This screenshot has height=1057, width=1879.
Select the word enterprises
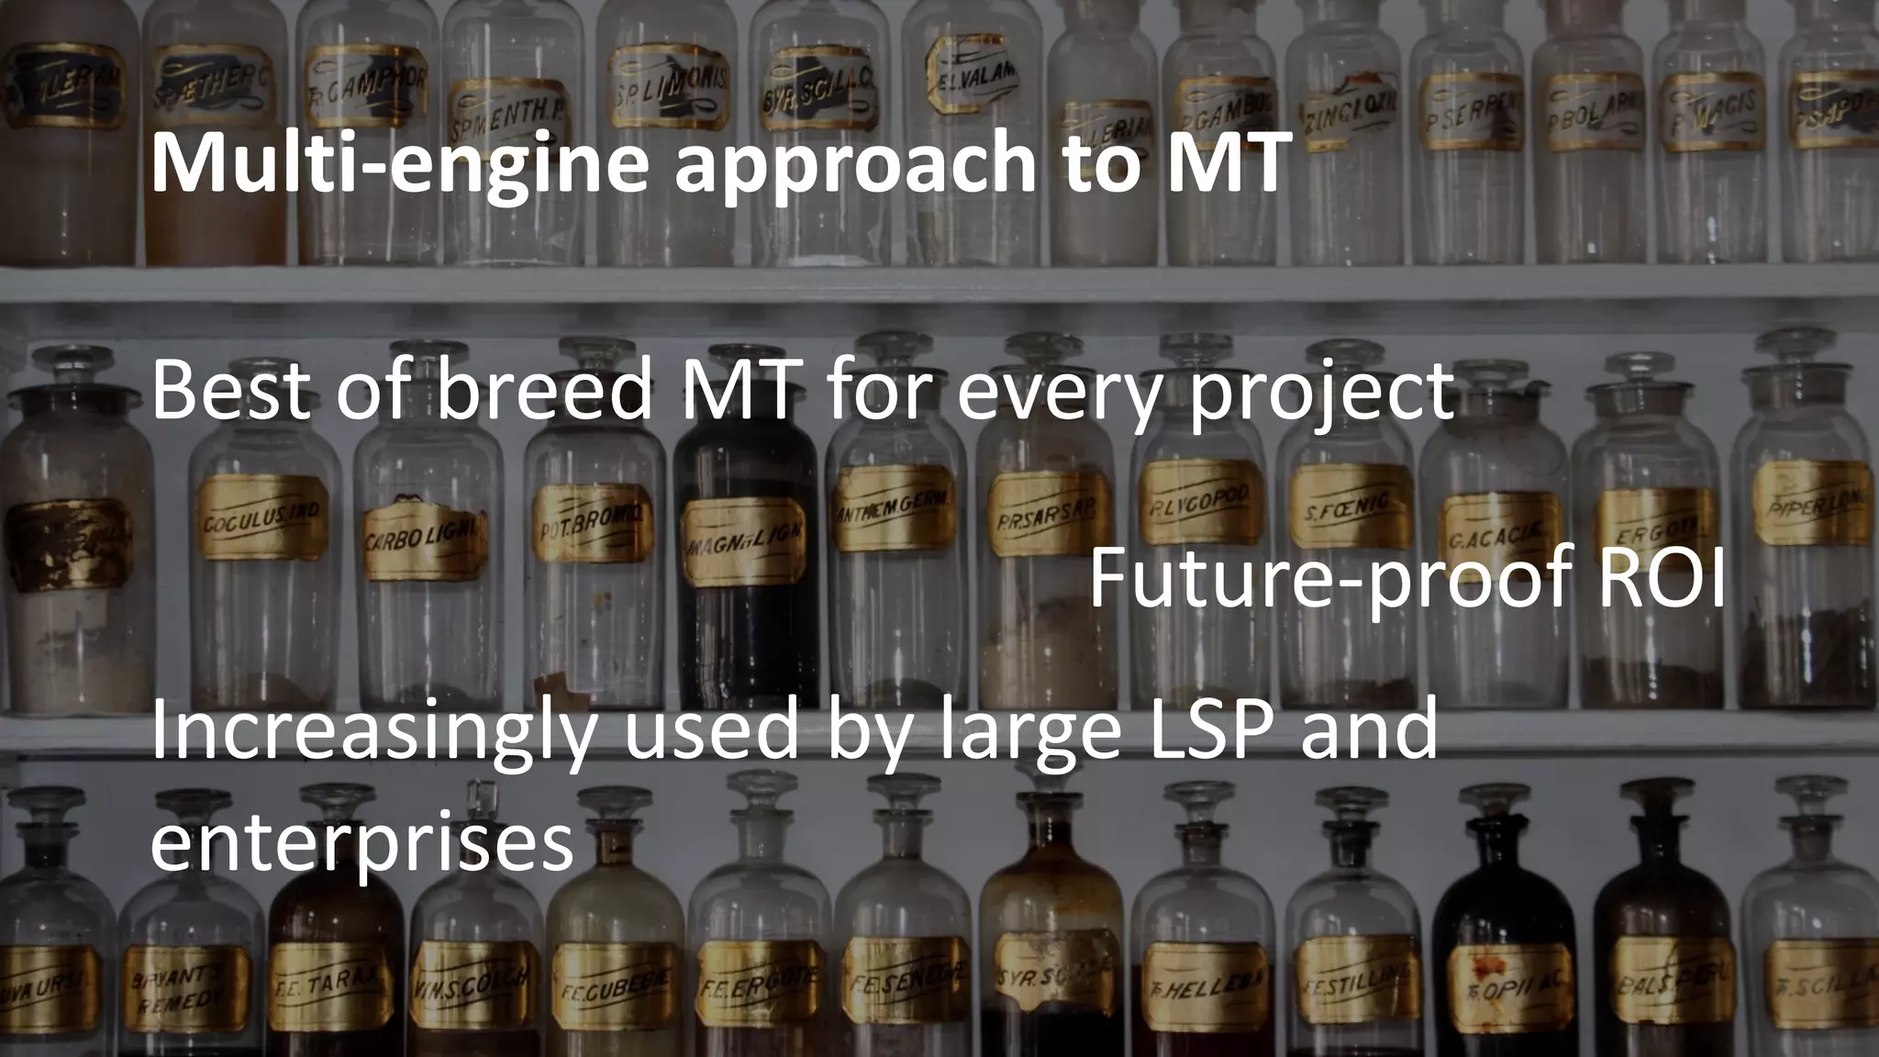coord(361,844)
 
